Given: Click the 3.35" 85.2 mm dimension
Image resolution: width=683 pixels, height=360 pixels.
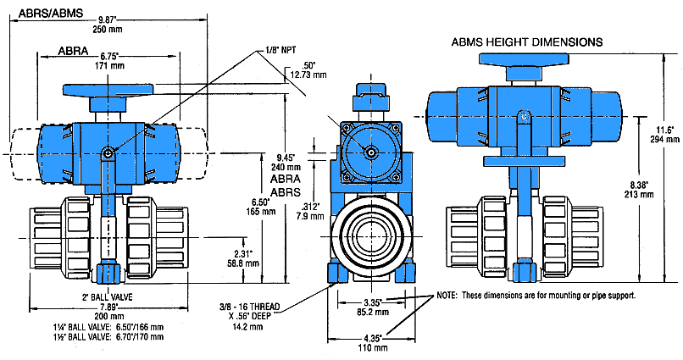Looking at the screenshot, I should pos(369,305).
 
